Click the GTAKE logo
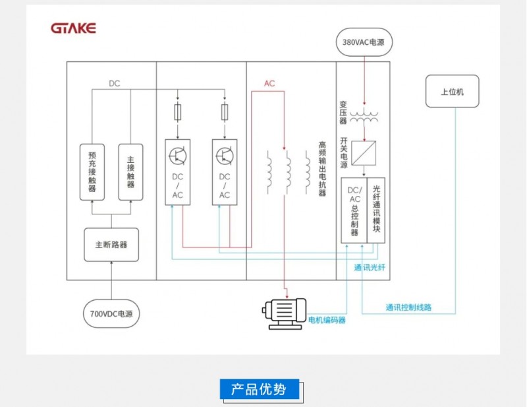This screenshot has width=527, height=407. click(73, 28)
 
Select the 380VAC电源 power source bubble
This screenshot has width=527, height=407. click(364, 42)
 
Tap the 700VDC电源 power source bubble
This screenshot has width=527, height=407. click(111, 314)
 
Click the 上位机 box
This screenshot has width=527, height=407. click(453, 91)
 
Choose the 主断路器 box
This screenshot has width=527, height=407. click(111, 245)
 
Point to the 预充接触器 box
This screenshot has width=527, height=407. click(92, 172)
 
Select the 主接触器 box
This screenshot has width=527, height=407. click(130, 172)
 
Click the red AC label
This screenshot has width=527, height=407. click(269, 84)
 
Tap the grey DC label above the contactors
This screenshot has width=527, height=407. click(114, 84)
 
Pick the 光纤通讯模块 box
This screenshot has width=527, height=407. click(376, 210)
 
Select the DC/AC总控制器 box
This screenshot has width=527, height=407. click(354, 210)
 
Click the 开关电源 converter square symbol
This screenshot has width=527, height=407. click(364, 153)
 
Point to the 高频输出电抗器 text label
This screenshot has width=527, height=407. click(322, 169)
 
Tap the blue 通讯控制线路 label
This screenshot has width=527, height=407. click(408, 307)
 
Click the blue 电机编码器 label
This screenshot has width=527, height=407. click(327, 320)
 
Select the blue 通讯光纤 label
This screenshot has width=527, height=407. click(370, 268)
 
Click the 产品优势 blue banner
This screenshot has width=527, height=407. click(260, 389)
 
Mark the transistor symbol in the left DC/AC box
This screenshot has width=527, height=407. click(178, 156)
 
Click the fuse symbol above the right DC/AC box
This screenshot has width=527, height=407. click(225, 112)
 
